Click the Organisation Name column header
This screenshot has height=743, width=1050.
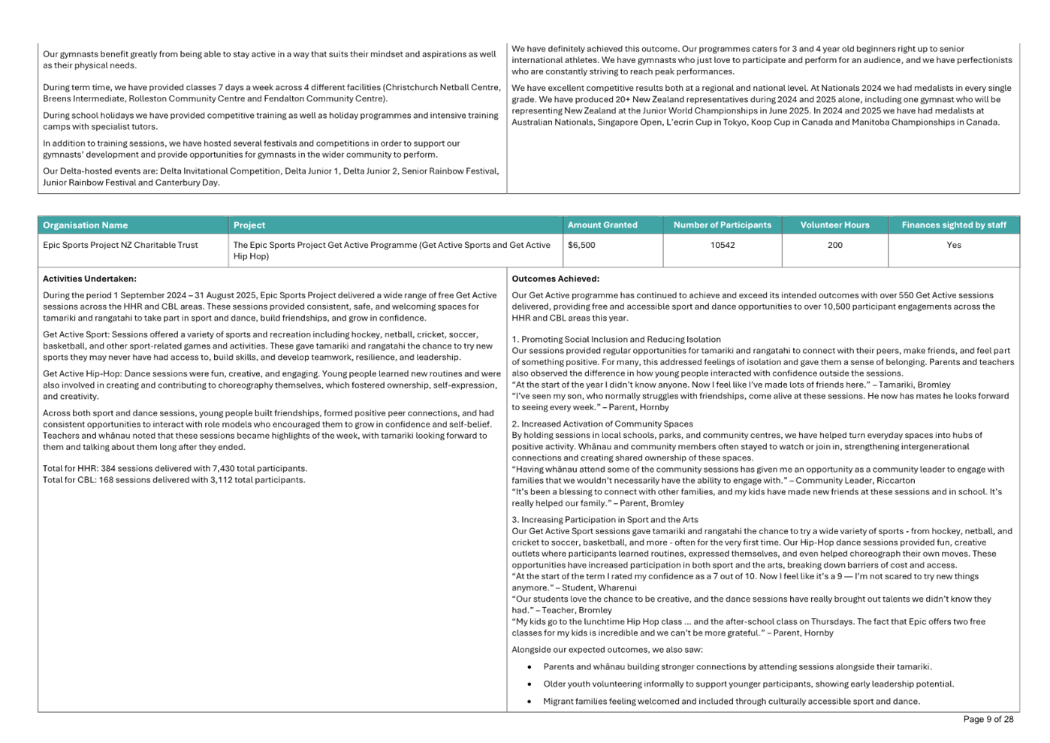tap(86, 225)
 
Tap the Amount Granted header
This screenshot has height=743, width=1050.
tap(602, 225)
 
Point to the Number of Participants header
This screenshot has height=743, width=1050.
tap(722, 225)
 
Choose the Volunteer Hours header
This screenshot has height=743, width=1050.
tap(834, 225)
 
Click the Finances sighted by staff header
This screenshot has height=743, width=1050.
tap(954, 225)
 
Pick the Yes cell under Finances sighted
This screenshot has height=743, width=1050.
tap(954, 245)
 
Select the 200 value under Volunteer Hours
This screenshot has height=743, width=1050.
tap(834, 245)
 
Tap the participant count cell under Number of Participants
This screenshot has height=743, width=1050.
tap(722, 245)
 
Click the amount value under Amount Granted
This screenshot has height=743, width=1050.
tap(582, 245)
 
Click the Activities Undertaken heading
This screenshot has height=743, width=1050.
tap(89, 279)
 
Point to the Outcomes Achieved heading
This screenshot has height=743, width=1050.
tap(555, 279)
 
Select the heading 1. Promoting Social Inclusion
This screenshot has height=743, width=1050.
tap(616, 340)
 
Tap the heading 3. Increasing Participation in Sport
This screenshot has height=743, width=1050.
tap(605, 519)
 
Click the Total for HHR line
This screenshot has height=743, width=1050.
tap(175, 469)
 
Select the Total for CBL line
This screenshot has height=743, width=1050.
tap(173, 480)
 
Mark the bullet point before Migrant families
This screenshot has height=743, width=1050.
tap(530, 702)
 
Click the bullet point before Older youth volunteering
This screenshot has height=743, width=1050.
tap(530, 684)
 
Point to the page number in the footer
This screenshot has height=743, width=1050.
tap(988, 720)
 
